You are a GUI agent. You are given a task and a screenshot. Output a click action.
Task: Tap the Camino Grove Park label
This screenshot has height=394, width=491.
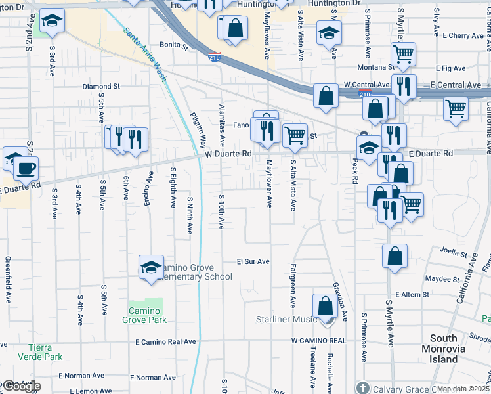[144, 315]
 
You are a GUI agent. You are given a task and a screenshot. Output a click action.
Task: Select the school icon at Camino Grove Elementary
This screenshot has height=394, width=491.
[151, 267]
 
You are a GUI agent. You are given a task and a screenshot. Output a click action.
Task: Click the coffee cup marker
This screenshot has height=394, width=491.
[26, 168]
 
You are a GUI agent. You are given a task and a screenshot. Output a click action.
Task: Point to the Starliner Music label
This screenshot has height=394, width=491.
[286, 320]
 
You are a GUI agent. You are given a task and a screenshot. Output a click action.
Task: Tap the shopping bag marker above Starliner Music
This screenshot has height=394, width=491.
[325, 305]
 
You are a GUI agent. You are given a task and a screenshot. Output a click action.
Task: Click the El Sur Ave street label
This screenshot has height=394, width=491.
[253, 261]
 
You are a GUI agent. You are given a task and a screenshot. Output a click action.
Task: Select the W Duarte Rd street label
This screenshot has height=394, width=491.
[228, 154]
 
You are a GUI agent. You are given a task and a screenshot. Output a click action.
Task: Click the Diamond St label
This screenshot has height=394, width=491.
[101, 86]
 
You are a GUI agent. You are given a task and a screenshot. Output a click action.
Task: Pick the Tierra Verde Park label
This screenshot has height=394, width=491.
[45, 352]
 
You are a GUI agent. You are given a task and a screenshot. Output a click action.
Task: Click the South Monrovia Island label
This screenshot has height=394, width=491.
[453, 349]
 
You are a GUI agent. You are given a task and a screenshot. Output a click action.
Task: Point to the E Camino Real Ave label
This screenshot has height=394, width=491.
[165, 342]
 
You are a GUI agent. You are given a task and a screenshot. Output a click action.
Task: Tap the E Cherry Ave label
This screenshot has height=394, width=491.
[463, 35]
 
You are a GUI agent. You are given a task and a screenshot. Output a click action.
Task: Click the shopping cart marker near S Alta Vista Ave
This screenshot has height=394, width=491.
[295, 135]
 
